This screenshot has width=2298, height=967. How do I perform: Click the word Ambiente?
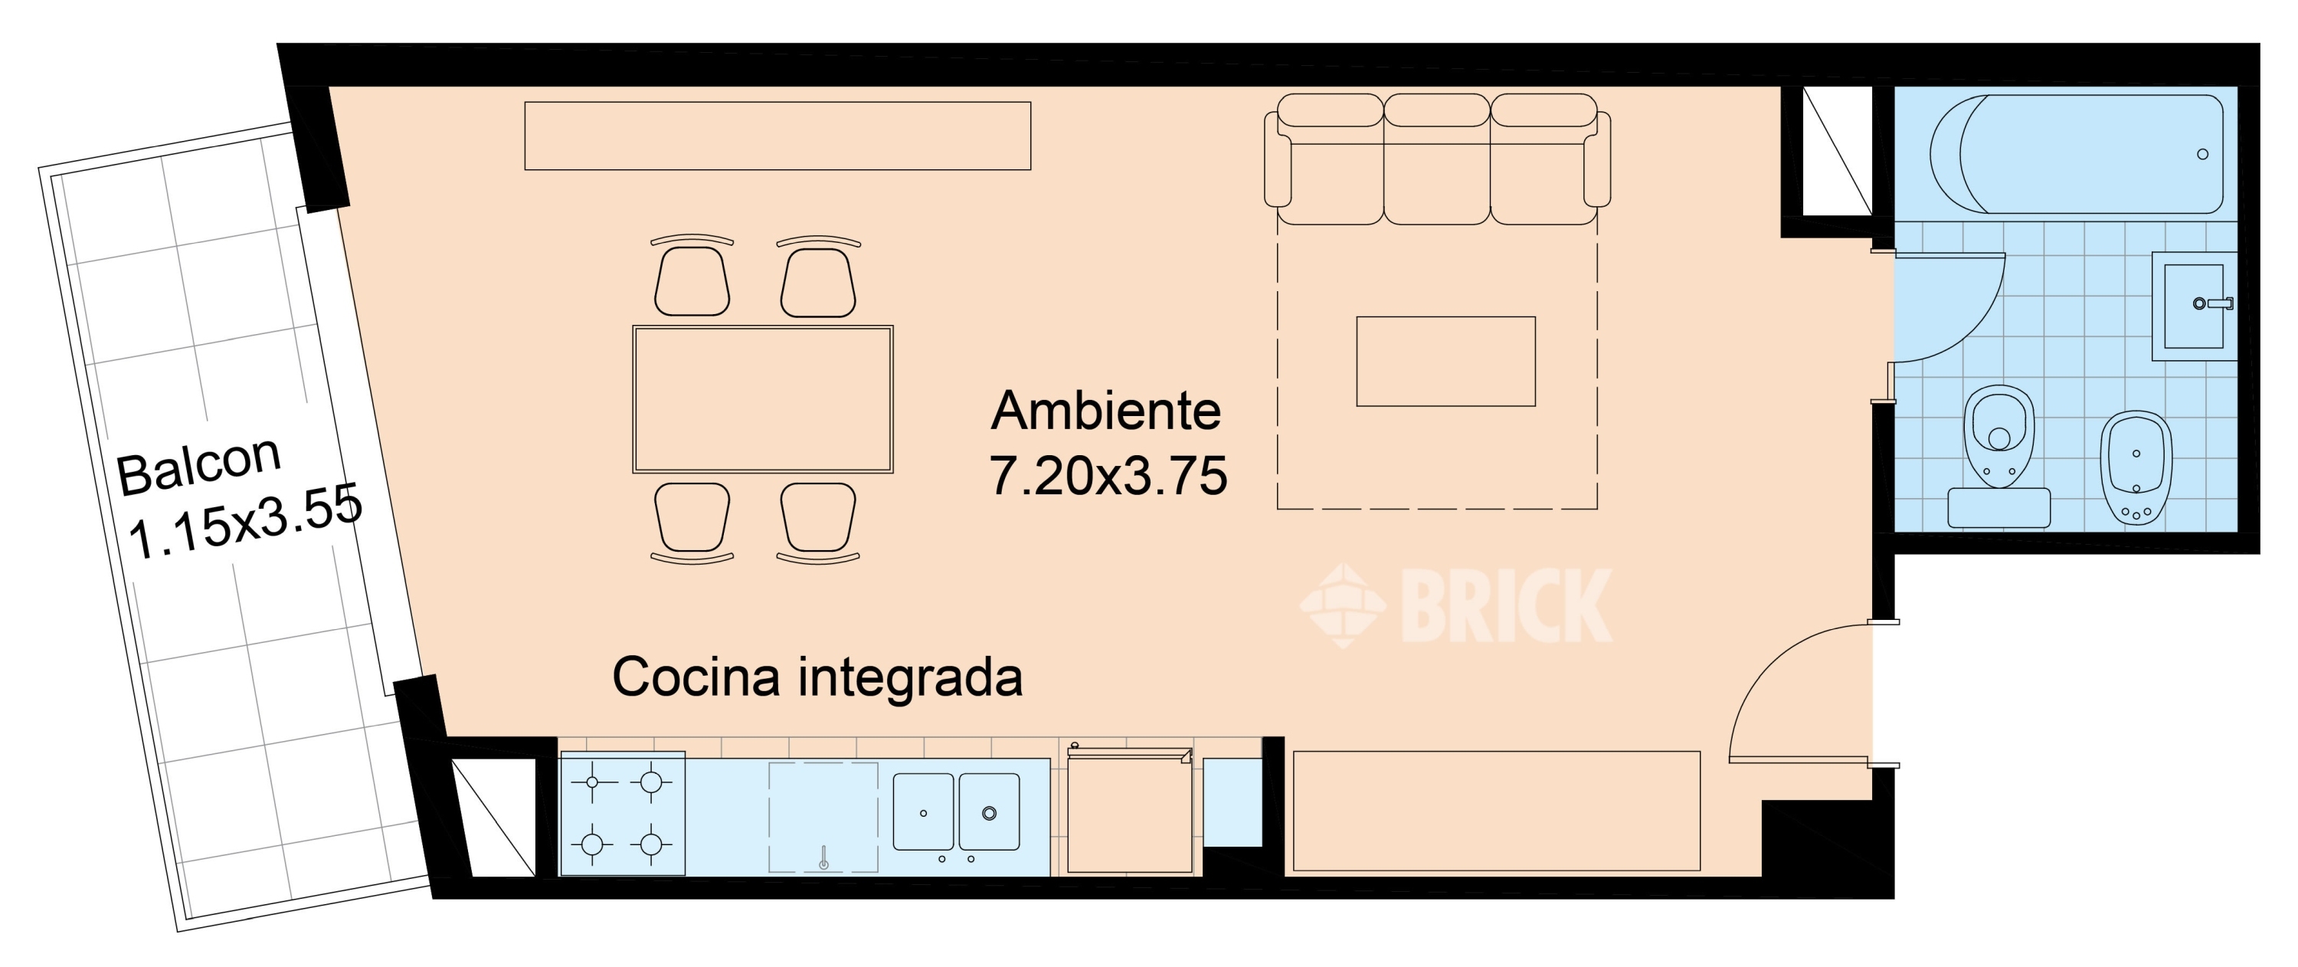coord(1105,411)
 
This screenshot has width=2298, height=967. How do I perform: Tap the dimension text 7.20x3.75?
coord(1108,477)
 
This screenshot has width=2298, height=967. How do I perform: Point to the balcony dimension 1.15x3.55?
coord(244,521)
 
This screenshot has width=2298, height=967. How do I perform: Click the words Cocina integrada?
coord(817,677)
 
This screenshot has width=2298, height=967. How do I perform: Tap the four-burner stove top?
coord(622,814)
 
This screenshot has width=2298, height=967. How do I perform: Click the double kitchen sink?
coord(956,811)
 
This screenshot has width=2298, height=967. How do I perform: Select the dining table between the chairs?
coord(763,398)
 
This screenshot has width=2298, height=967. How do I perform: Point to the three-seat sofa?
coord(1436,161)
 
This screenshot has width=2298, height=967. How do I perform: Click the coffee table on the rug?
coord(1445,362)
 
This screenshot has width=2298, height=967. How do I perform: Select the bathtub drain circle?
coord(2202,154)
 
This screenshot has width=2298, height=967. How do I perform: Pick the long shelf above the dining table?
coord(777,136)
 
